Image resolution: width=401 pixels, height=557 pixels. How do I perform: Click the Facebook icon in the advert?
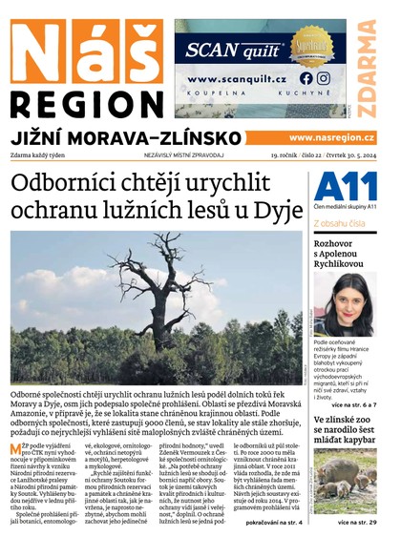(x=306, y=78)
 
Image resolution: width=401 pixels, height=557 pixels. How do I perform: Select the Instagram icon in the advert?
(x=324, y=78)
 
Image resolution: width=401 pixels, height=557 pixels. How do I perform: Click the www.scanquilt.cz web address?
(x=238, y=79)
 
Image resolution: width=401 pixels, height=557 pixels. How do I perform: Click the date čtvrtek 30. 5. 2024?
(x=345, y=155)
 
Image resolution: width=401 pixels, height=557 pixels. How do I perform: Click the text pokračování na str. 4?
(x=275, y=523)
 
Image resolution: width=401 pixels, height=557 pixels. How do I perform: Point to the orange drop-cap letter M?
(x=16, y=446)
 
